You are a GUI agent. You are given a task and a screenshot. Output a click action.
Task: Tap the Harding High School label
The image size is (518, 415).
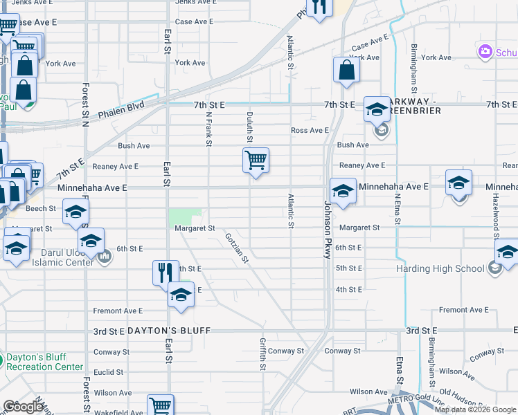440,268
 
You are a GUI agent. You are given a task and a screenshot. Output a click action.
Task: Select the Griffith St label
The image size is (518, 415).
263,353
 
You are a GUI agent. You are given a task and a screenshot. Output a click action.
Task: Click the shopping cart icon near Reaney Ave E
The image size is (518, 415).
256,161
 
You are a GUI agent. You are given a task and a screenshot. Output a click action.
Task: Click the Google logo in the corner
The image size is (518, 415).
23,407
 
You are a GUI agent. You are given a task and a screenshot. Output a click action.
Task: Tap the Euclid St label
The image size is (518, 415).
108,371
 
